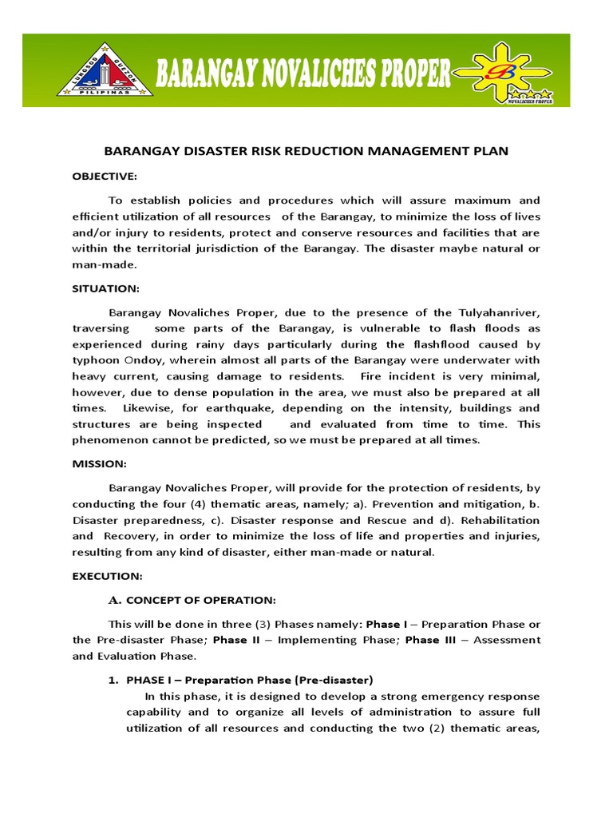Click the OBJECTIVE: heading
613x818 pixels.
point(105,176)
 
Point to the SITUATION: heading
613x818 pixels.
point(105,288)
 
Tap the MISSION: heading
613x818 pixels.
point(99,463)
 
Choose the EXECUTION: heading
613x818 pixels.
point(107,575)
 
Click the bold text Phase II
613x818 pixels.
point(235,640)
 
